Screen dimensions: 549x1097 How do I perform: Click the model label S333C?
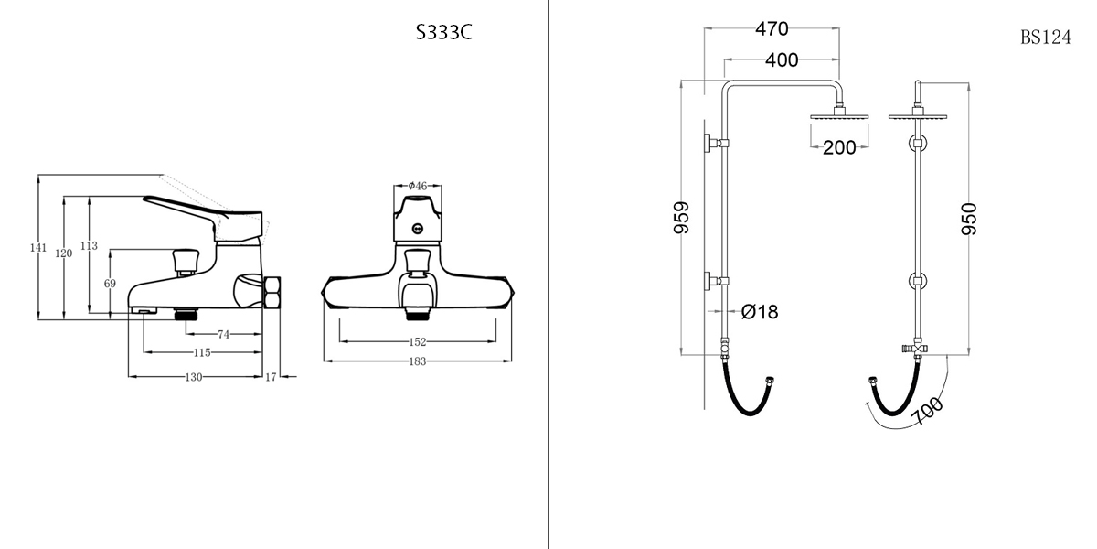(443, 34)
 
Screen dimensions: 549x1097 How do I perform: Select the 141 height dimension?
(38, 248)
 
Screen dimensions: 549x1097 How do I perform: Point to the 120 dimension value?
(63, 253)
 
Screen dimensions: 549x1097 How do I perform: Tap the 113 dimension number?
(89, 246)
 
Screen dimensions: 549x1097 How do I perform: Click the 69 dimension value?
(110, 284)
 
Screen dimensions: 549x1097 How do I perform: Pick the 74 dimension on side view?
(224, 335)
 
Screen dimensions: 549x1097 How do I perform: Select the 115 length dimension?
(202, 352)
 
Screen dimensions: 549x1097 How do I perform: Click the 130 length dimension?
(194, 376)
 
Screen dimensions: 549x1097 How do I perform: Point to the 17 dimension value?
(271, 376)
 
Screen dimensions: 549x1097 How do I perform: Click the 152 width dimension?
(417, 341)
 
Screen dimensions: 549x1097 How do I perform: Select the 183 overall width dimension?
(417, 361)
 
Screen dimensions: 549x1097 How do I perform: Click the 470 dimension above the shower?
(772, 29)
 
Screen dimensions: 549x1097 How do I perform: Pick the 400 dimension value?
(782, 60)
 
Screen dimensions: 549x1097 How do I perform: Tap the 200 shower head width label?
(839, 147)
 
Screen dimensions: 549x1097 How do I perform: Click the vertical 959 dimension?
(682, 218)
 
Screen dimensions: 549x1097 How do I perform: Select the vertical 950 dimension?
(969, 219)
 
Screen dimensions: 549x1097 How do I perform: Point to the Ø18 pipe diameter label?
(760, 312)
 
